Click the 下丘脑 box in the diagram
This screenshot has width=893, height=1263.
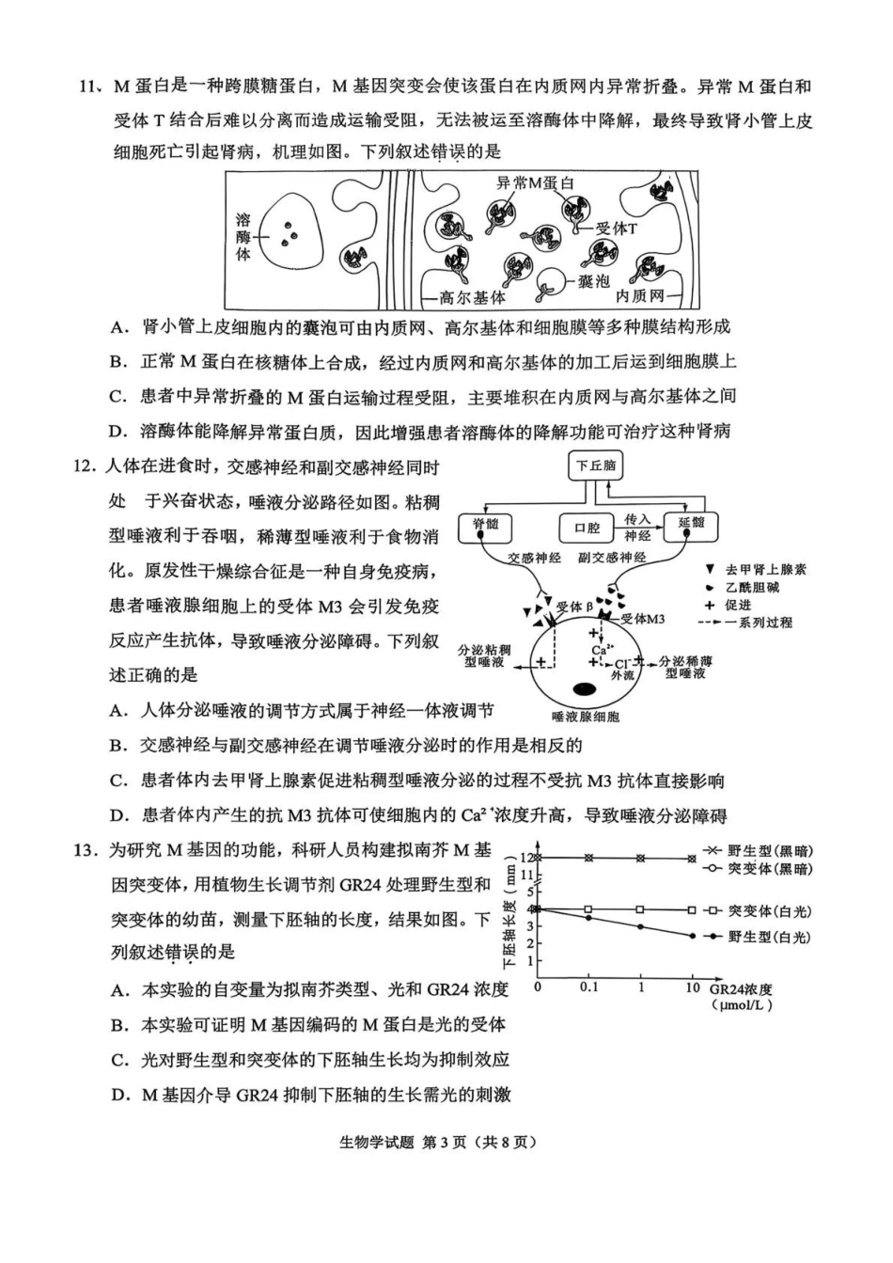[596, 466]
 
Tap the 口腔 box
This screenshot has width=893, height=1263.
[587, 528]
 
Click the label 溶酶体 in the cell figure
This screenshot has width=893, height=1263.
[243, 235]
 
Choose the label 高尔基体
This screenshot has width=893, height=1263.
[473, 298]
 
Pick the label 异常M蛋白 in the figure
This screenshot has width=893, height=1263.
[535, 183]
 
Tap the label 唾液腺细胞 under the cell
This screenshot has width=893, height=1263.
[586, 717]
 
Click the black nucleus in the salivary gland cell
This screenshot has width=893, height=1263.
[585, 688]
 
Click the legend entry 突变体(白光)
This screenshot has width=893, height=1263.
[770, 910]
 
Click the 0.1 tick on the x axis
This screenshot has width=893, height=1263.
[588, 987]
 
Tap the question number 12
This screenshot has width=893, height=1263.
[86, 466]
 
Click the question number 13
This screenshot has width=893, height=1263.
[86, 851]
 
